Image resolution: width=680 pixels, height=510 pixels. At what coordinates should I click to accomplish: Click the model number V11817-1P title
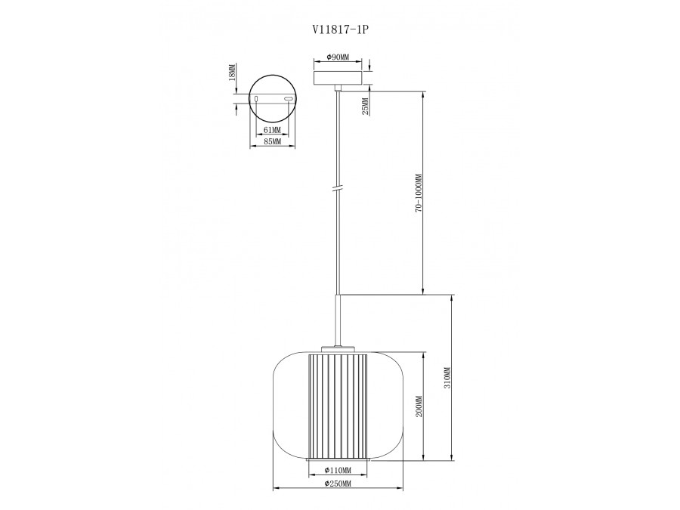tap(337, 29)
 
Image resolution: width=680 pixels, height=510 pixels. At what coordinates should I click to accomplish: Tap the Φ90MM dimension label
tap(338, 57)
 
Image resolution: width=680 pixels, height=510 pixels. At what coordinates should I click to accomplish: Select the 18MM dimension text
tap(232, 73)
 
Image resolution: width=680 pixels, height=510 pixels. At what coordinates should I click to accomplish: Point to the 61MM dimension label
tap(272, 130)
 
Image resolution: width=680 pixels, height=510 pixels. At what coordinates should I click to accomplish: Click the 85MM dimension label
tap(272, 141)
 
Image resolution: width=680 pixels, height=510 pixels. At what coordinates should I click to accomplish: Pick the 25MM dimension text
tap(365, 107)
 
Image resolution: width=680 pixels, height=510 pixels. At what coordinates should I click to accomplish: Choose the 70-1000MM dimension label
tap(419, 193)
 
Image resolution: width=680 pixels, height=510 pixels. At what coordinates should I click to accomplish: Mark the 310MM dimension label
tap(447, 378)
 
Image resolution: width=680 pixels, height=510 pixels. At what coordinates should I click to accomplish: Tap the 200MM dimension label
tap(419, 406)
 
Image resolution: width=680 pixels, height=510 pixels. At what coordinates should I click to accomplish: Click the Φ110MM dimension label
tap(338, 470)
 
